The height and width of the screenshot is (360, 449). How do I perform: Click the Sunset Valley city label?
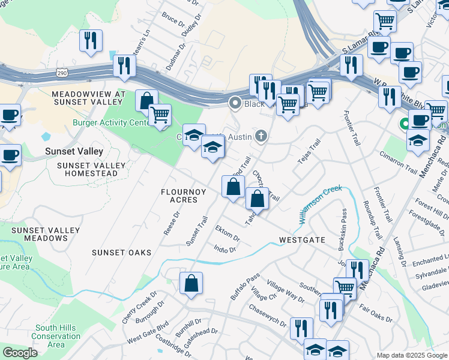click(x=74, y=152)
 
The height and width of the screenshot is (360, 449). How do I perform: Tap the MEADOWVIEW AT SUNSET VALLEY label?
click(x=88, y=99)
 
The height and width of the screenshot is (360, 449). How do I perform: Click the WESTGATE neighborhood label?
click(x=302, y=240)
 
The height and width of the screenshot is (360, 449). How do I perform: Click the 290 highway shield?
click(x=62, y=73)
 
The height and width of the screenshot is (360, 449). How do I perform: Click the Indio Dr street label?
click(x=225, y=248)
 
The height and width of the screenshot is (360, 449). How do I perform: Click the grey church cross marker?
click(x=261, y=136)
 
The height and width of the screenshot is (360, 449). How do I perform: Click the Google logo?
click(x=20, y=353)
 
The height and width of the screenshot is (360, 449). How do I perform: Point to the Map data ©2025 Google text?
click(x=411, y=355)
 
